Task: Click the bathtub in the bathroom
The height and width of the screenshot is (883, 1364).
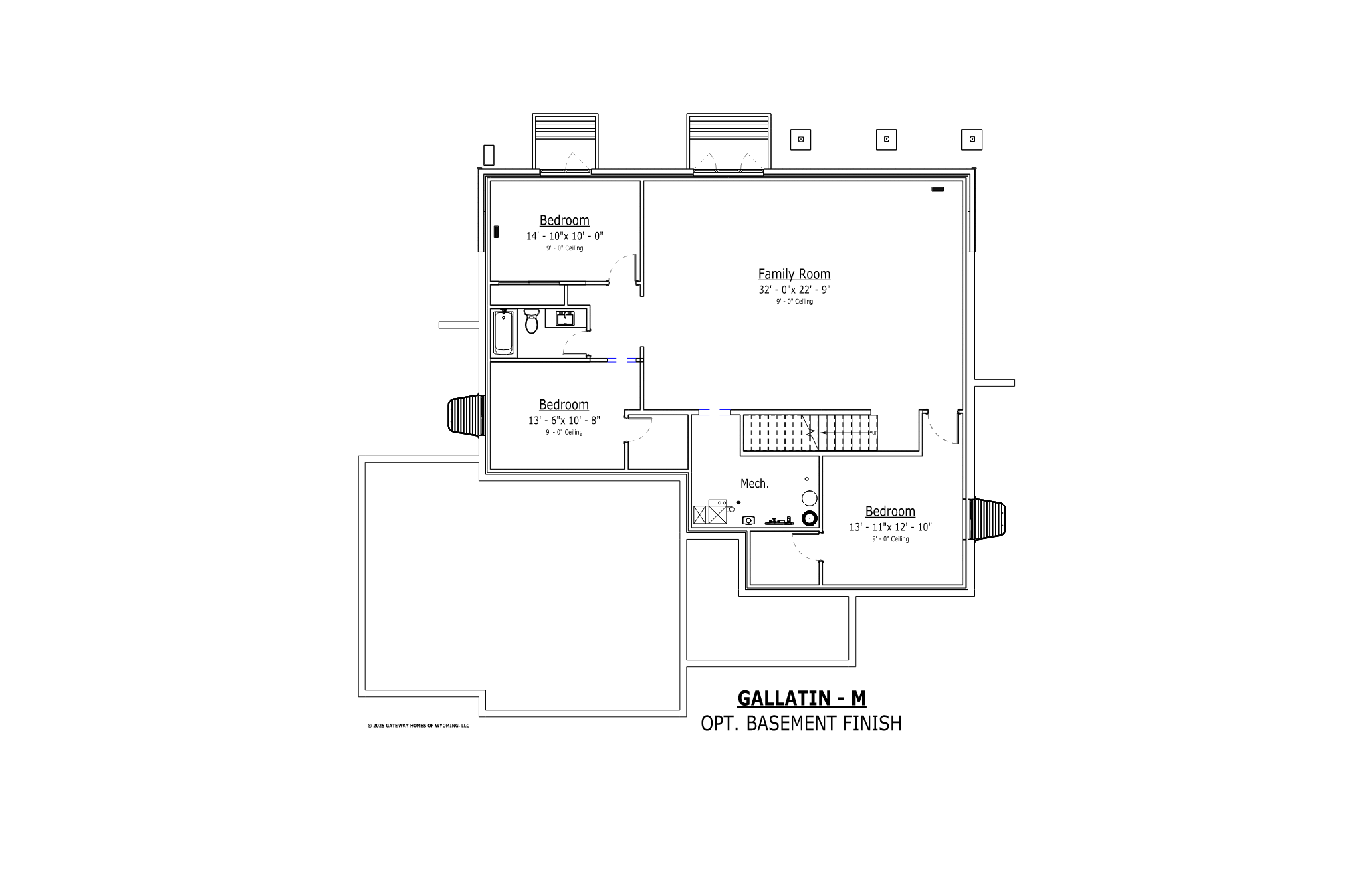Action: (503, 332)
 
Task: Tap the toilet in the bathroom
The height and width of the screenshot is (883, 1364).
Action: (532, 320)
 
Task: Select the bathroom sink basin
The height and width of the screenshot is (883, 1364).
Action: (566, 318)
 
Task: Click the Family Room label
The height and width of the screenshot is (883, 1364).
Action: (794, 274)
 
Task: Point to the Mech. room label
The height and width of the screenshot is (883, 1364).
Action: (754, 483)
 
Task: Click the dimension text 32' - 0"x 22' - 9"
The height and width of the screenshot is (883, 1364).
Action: (794, 290)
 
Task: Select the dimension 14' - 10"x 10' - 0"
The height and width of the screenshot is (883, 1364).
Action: (564, 236)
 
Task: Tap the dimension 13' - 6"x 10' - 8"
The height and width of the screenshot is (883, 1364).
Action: (564, 421)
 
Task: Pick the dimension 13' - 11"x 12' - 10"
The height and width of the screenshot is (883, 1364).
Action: (890, 527)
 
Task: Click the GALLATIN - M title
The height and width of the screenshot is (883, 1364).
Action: (802, 698)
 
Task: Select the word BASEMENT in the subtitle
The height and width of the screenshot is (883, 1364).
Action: (802, 723)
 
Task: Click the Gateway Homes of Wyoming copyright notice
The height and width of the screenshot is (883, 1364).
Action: (419, 726)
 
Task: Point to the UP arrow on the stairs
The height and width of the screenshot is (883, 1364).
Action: (846, 433)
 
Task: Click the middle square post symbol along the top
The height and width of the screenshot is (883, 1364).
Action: (886, 139)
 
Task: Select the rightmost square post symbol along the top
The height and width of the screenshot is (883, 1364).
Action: (972, 139)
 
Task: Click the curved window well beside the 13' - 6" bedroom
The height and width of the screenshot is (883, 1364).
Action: (466, 415)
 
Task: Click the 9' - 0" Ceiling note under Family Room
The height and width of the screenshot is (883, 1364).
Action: (794, 302)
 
